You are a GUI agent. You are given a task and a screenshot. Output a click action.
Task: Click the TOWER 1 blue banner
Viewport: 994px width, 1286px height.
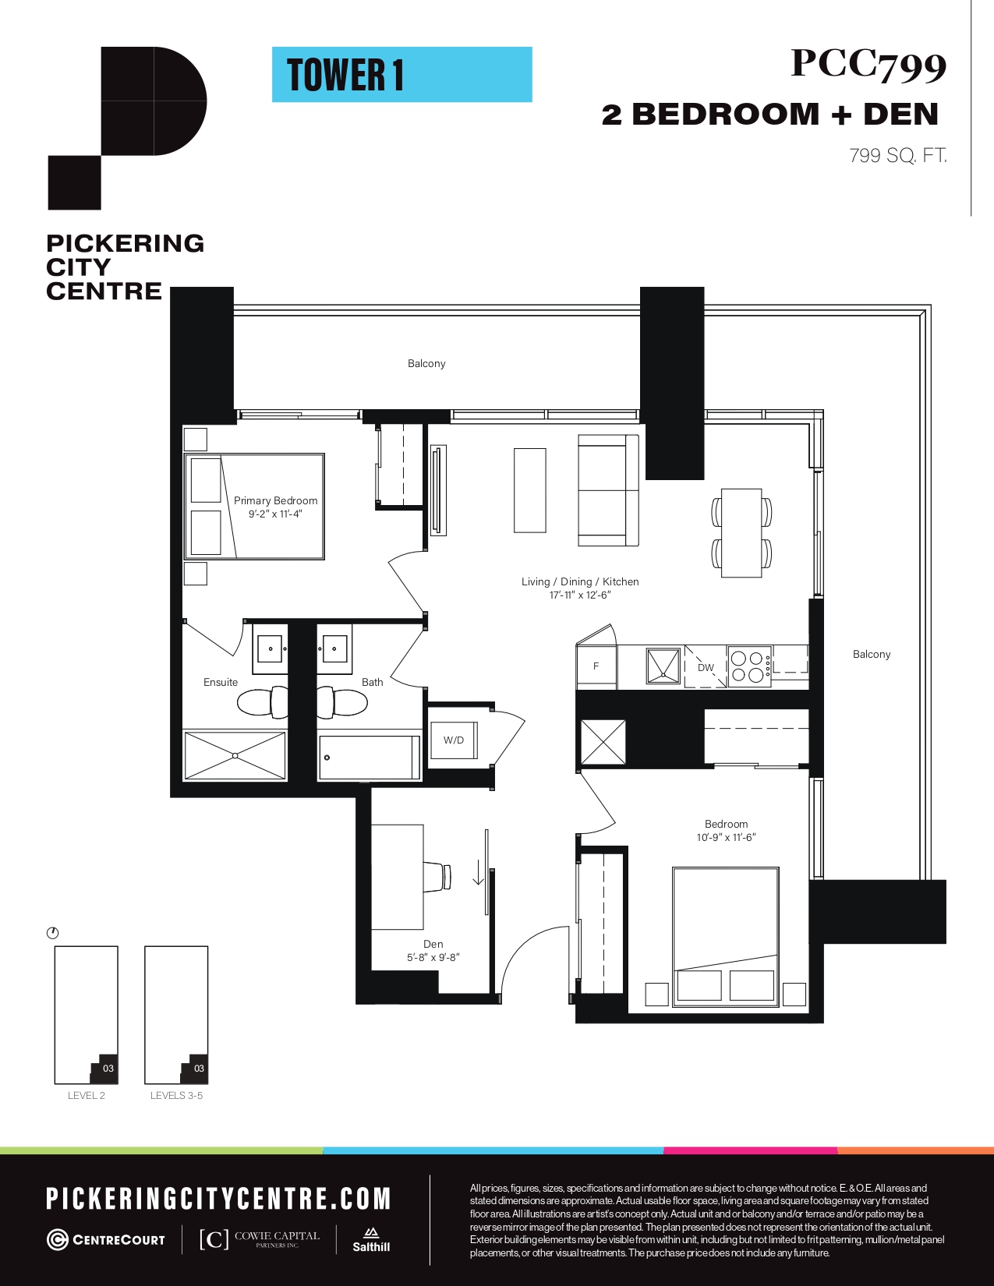402,75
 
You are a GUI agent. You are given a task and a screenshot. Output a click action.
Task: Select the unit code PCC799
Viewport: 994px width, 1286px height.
868,65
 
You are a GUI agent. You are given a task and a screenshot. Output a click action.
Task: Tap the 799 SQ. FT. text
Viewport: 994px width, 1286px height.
898,156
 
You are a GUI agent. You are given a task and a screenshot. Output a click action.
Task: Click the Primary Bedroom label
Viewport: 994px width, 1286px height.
275,500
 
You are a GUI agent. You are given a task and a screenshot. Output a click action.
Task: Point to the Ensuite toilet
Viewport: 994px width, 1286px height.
262,703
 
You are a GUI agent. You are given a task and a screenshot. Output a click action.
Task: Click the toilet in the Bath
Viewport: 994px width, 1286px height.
342,703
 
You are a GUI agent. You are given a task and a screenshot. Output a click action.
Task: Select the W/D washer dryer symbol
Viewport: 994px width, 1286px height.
454,740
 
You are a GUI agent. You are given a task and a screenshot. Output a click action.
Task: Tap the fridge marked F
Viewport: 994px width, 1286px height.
596,666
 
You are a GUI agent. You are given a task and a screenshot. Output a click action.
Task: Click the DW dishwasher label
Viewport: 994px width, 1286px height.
706,668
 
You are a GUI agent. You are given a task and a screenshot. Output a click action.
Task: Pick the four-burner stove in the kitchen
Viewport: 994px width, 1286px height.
750,666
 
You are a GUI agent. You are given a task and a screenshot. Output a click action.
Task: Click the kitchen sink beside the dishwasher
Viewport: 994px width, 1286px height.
663,666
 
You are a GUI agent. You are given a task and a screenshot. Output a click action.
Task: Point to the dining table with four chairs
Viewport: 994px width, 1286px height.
741,532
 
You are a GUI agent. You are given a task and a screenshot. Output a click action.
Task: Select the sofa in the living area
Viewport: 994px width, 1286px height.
609,490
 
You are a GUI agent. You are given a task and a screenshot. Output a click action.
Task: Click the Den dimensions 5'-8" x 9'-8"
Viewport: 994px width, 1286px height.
433,958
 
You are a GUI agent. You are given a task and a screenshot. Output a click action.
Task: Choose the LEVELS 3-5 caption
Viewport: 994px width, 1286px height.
176,1095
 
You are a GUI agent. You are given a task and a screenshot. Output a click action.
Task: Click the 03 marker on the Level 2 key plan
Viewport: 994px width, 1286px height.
108,1069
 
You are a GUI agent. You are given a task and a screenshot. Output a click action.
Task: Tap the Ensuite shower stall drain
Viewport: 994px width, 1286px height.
235,756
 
